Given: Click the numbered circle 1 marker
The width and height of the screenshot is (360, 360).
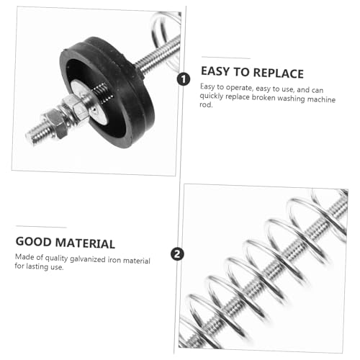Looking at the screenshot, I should pyautogui.click(x=183, y=79).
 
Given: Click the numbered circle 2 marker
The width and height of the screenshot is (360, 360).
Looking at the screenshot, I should pyautogui.click(x=177, y=253).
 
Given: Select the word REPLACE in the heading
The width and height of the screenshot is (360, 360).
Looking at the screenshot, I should pyautogui.click(x=276, y=72).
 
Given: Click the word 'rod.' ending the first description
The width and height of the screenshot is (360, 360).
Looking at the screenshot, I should pyautogui.click(x=207, y=104).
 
